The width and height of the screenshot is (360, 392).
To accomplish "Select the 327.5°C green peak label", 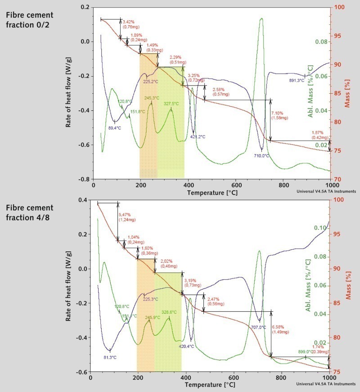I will click(x=171, y=104).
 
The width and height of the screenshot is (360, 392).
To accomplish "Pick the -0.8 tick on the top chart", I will click(x=84, y=179).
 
